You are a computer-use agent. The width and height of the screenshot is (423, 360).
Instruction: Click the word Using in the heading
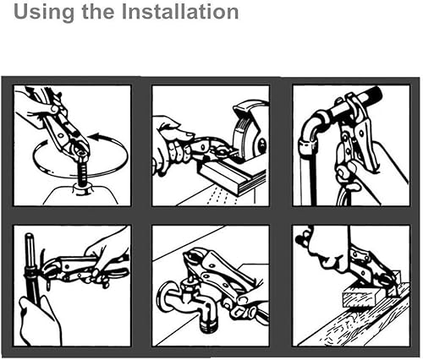point(44,12)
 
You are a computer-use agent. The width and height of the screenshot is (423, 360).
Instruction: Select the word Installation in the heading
point(180,11)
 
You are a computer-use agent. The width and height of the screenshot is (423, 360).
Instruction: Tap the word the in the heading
point(98,11)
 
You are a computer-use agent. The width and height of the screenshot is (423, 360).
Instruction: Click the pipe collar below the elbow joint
point(307,148)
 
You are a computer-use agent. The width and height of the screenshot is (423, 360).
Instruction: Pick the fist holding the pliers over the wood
point(328,251)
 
